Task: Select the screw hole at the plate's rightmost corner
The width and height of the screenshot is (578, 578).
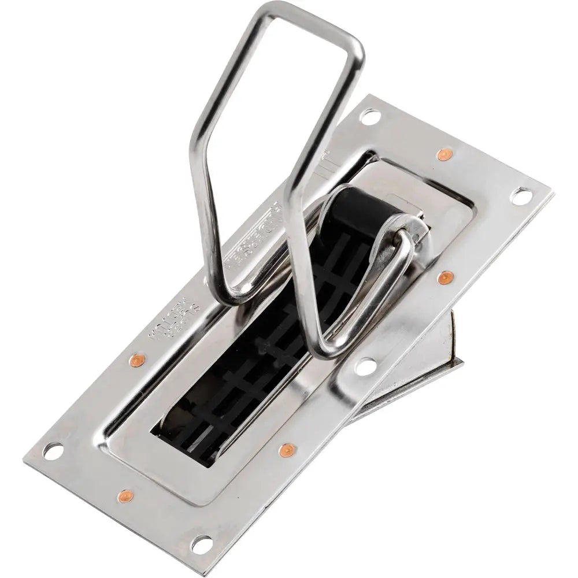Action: [x=523, y=197]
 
